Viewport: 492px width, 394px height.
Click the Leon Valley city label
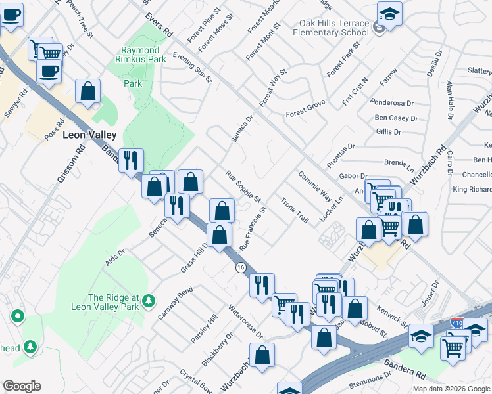point(89,135)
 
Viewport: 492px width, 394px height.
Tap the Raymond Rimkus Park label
point(140,55)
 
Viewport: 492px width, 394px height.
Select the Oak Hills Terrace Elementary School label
point(332,28)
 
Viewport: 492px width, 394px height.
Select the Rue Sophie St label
point(243,187)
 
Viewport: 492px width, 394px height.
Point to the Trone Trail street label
point(294,209)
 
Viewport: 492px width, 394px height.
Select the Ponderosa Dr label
point(391,103)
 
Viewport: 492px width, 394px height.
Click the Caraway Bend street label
point(175,303)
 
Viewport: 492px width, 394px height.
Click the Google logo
point(22,386)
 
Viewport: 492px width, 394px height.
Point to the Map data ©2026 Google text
point(451,389)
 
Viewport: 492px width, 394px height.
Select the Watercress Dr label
point(245,322)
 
